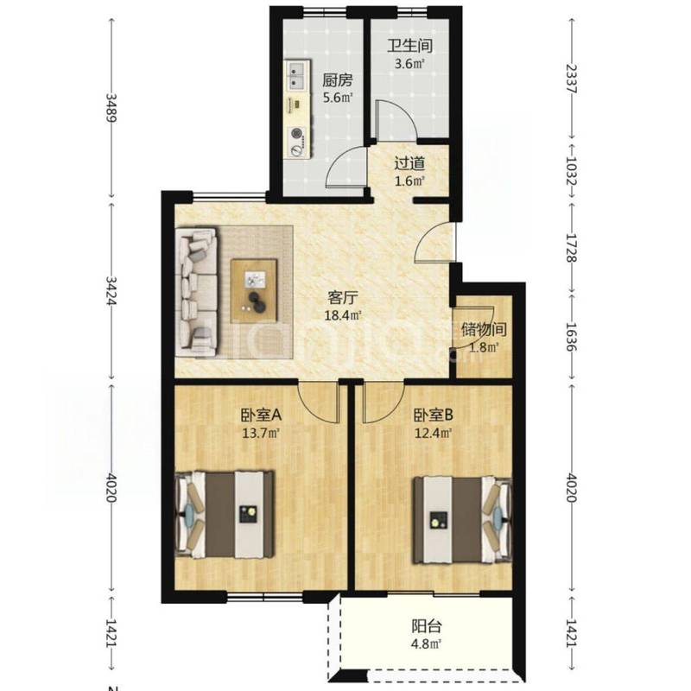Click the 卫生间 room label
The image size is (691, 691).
409,46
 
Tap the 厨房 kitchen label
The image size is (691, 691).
338,80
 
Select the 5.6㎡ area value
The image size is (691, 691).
338,98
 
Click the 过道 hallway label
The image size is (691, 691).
409,163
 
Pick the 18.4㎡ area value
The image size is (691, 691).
343,315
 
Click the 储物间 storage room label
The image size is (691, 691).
484,329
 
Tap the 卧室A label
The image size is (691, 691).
261,415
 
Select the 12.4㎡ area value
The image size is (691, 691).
434,434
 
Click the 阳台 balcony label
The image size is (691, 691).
427,626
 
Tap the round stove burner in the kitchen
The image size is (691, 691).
296,132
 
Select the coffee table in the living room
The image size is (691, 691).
254,290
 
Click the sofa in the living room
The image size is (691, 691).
197,291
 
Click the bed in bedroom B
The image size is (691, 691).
462,520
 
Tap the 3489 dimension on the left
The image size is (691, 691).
111,109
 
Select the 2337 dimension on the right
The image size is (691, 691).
572,79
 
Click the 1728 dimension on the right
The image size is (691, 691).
572,248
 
